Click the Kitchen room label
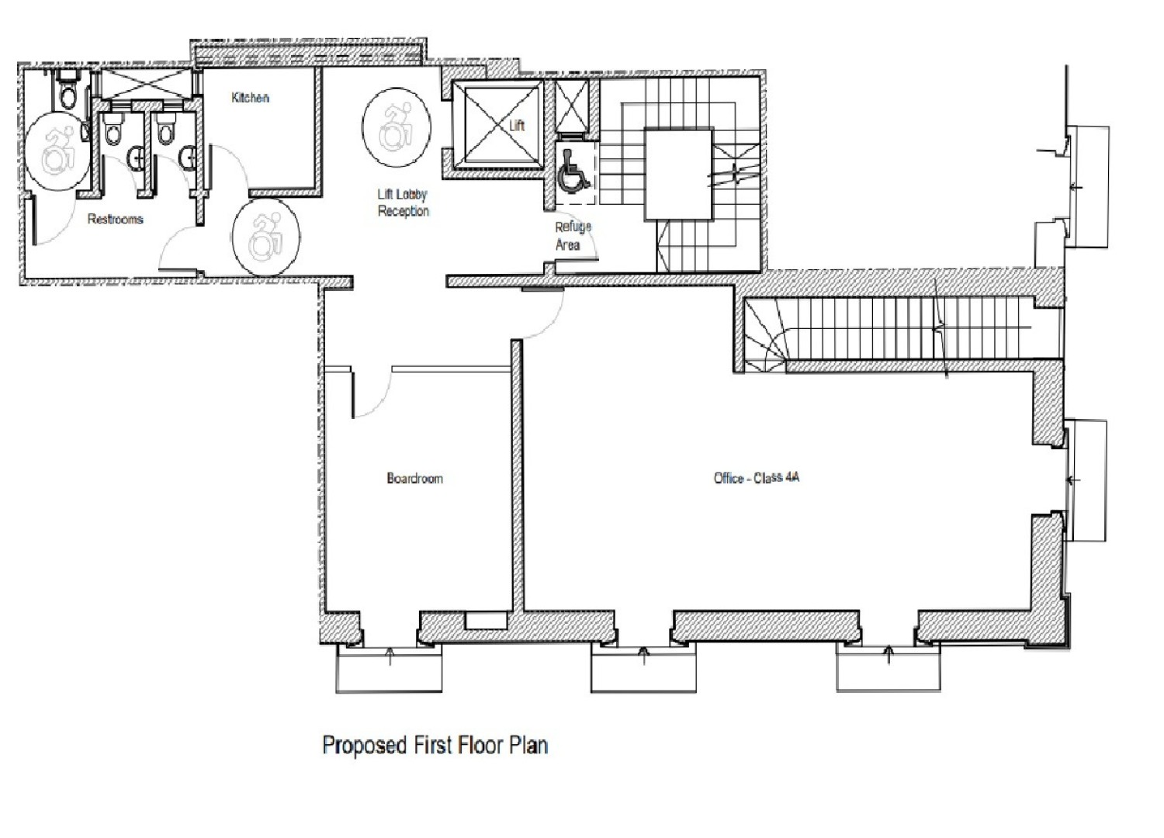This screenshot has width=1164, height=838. [x=250, y=98]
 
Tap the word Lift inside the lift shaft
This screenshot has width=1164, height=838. [x=517, y=125]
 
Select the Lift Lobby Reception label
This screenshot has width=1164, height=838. [x=403, y=203]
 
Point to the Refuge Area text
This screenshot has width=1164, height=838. [x=572, y=235]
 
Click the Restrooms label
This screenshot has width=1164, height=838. [x=115, y=220]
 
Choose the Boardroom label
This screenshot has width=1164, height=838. [x=414, y=478]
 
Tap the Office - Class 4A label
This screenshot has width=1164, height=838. [x=756, y=478]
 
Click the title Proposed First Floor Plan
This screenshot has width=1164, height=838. [x=435, y=746]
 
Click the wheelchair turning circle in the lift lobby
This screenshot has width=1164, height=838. [x=395, y=128]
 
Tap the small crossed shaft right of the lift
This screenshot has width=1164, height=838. [x=572, y=109]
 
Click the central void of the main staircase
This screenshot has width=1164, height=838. [x=679, y=175]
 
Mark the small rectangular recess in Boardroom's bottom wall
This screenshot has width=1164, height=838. [x=485, y=621]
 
